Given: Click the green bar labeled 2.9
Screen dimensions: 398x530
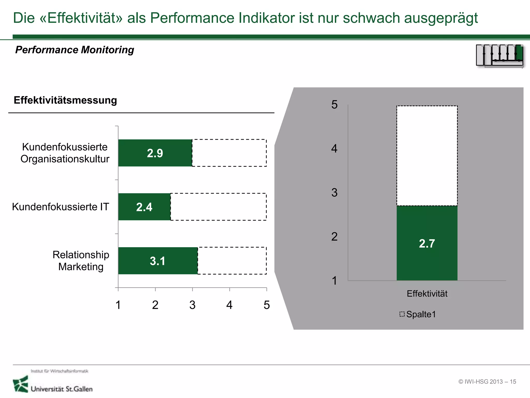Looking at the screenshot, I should [x=155, y=153].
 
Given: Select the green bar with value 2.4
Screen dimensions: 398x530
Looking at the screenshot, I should [x=144, y=207].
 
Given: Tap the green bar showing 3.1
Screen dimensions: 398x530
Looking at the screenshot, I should [x=158, y=261].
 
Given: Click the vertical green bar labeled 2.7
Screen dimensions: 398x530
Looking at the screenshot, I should [x=427, y=243].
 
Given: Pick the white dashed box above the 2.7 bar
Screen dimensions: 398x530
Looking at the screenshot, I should [x=427, y=155].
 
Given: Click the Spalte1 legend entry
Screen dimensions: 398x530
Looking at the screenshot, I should [x=418, y=314].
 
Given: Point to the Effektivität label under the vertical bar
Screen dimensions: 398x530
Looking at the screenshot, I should [x=427, y=294].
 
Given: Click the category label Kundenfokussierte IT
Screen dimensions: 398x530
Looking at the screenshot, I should [x=61, y=207].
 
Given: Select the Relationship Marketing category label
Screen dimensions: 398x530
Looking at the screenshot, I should [x=81, y=261].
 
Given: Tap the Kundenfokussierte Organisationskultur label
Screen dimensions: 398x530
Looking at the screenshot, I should [x=65, y=153].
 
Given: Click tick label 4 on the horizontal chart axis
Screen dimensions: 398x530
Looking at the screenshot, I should [x=229, y=305].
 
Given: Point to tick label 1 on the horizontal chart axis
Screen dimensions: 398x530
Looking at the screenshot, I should [x=118, y=305].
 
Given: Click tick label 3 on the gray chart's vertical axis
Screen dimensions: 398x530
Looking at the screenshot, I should [x=334, y=193].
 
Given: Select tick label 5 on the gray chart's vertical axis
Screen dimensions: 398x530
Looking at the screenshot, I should [x=334, y=105].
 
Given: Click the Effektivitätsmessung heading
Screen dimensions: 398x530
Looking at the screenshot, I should [x=65, y=100].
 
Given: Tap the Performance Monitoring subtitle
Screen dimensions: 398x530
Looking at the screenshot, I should [x=75, y=50].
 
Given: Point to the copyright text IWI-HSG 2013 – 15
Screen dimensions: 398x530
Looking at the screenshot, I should [x=487, y=382].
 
